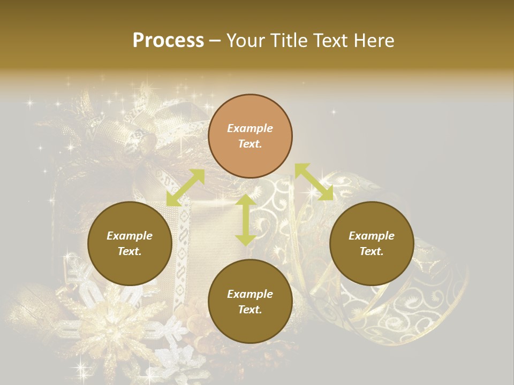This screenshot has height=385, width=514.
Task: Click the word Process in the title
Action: [x=168, y=40]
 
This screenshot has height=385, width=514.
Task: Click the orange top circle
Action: [x=250, y=136]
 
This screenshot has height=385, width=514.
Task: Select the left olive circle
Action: [x=130, y=243]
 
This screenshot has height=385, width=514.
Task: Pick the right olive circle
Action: [x=372, y=243]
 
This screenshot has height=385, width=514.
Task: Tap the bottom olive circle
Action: [x=250, y=302]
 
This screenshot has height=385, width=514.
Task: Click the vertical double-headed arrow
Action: [x=245, y=219]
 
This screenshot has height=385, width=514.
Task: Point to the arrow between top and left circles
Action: [x=185, y=188]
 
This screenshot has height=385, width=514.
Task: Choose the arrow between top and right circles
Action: [x=314, y=182]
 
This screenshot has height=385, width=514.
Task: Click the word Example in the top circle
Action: [x=250, y=128]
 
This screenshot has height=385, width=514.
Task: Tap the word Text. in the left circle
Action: [x=130, y=251]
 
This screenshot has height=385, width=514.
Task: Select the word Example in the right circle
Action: [x=372, y=236]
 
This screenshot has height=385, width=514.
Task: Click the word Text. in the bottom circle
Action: [x=250, y=310]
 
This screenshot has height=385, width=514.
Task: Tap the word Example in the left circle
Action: [x=130, y=236]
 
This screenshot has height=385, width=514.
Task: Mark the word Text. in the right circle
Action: [x=372, y=251]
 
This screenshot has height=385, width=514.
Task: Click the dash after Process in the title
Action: [x=215, y=41]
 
